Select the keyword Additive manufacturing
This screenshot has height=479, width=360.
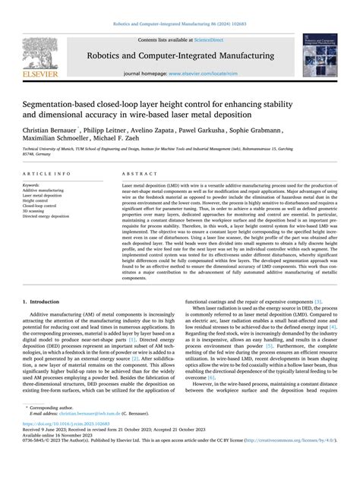click(43, 191)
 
